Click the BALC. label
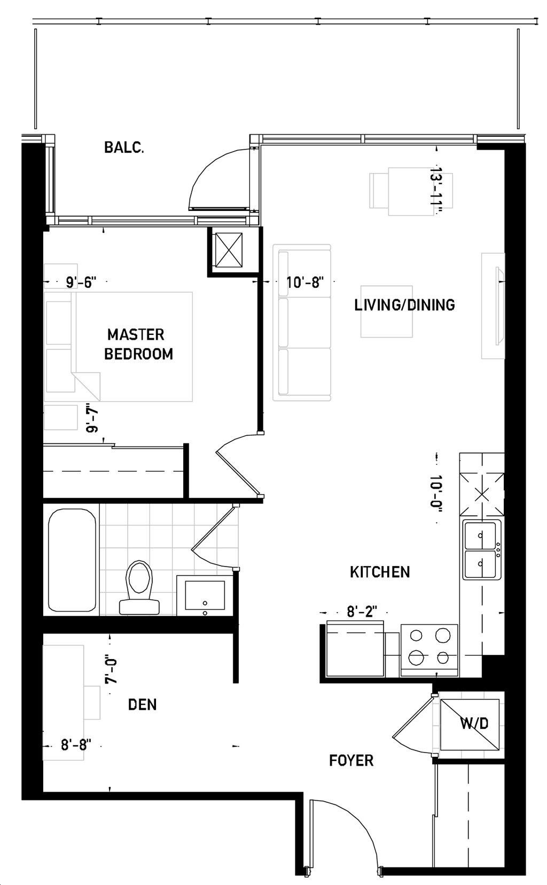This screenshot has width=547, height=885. pos(124,148)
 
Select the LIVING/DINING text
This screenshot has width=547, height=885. pos(404,304)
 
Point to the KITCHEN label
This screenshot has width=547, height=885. pos(380,572)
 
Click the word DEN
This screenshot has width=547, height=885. pos(142,704)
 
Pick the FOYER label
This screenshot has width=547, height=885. pos(351,760)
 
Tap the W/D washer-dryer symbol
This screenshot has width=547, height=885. pos(470,724)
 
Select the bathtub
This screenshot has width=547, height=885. pos(72,560)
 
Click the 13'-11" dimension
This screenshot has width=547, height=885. pos(435,191)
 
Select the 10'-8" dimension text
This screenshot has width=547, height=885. pos(304,282)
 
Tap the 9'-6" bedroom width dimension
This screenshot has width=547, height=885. pos(81,282)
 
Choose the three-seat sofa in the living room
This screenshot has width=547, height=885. pos(302,323)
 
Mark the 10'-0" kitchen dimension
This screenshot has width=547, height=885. pos(436,492)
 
